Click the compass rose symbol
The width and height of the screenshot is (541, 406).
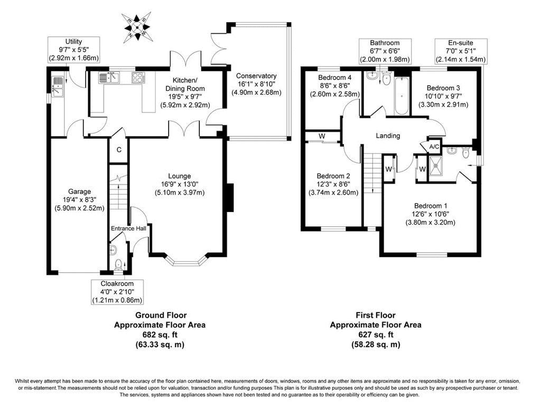click(x=137, y=25)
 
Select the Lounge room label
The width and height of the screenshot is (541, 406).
click(x=180, y=176)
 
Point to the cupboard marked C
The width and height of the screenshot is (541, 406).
click(x=119, y=150)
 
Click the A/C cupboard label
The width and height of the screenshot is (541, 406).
click(x=434, y=146)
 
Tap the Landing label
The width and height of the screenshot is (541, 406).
click(x=388, y=136)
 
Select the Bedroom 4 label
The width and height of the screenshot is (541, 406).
click(x=335, y=77)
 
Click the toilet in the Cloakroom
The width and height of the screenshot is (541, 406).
click(x=117, y=263)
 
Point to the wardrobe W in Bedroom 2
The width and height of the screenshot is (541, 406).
click(x=322, y=136)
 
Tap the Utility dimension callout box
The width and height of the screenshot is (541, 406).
click(x=74, y=50)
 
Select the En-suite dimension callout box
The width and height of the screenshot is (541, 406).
click(x=460, y=51)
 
